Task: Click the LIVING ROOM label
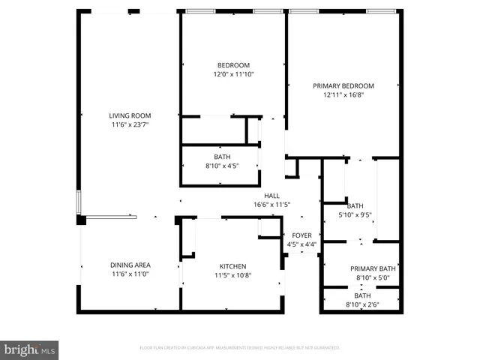point(130,115)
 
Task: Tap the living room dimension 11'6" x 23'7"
point(130,124)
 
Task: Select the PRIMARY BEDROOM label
point(343,86)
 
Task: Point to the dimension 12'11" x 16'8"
point(343,95)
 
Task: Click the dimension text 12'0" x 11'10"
point(233,74)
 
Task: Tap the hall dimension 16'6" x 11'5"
point(271,205)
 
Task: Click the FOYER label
point(301,235)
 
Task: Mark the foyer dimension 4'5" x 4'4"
point(301,244)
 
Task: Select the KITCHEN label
point(232,266)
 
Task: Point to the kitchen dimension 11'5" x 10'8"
point(232,275)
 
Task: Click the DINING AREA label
point(130,265)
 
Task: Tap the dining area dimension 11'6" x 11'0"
point(130,274)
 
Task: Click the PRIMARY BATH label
point(373,268)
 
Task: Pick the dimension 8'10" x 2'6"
point(363,304)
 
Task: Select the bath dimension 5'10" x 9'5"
point(355,214)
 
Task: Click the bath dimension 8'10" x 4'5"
point(222,166)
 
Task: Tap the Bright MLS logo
point(30,349)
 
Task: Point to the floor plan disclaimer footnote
point(240,348)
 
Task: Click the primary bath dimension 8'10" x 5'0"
point(373,277)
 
